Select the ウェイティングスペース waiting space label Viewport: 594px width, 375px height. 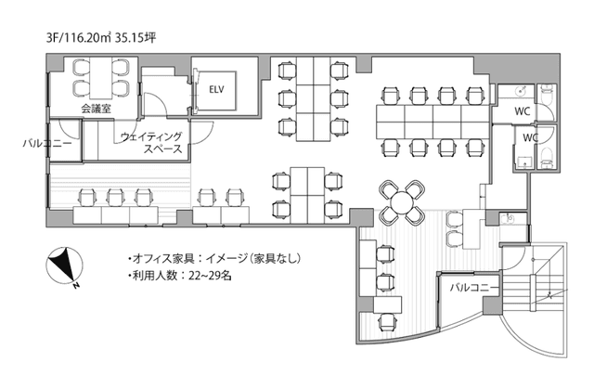click(x=151, y=142)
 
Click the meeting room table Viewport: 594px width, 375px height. click(x=95, y=75)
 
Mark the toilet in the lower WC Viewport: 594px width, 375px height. click(x=547, y=155)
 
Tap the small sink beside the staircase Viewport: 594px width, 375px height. click(x=508, y=219)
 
